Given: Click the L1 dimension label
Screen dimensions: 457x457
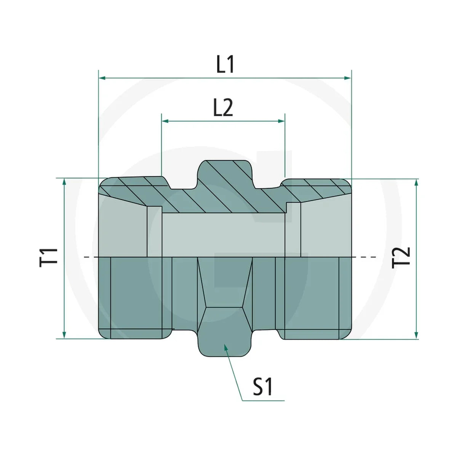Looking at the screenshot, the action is tap(225, 64).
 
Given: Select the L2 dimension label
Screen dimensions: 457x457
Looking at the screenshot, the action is tap(223, 108).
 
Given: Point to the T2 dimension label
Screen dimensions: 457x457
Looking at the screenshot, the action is tap(401, 258).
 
